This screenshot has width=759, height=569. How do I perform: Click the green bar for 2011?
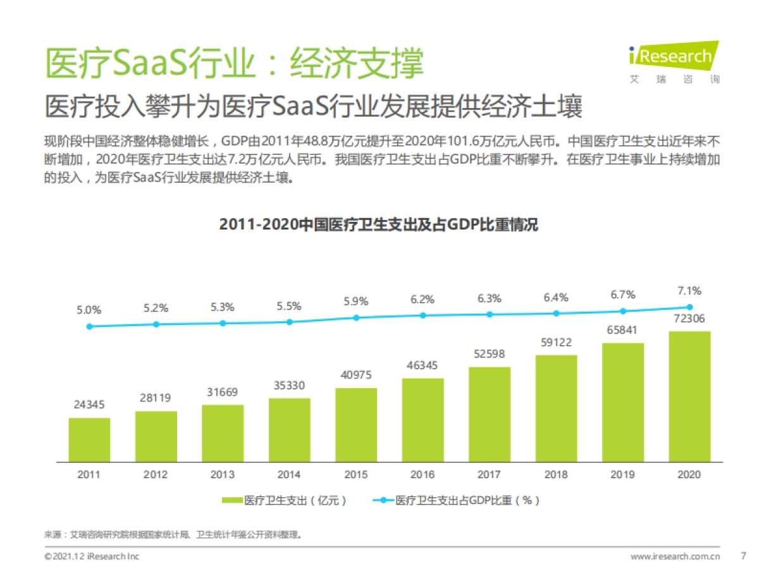click(x=89, y=439)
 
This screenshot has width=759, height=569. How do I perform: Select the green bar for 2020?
click(x=689, y=396)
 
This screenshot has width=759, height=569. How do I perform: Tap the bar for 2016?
click(x=423, y=419)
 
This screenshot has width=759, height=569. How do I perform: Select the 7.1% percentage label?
click(x=689, y=291)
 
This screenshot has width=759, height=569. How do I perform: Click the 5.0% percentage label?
click(x=89, y=310)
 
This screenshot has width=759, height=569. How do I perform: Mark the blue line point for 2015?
click(x=356, y=317)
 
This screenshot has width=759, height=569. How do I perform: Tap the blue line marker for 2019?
click(x=623, y=311)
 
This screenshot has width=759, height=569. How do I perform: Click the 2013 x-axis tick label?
click(x=223, y=474)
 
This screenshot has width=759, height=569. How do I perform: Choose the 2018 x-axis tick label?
click(x=556, y=474)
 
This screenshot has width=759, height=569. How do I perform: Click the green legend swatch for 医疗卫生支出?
click(x=231, y=500)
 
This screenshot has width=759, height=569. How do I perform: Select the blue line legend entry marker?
click(x=383, y=500)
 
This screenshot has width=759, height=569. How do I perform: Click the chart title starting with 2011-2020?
click(x=378, y=224)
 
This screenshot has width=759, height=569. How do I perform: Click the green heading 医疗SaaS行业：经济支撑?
click(x=234, y=63)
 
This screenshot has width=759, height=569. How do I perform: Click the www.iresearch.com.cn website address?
click(x=676, y=556)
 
